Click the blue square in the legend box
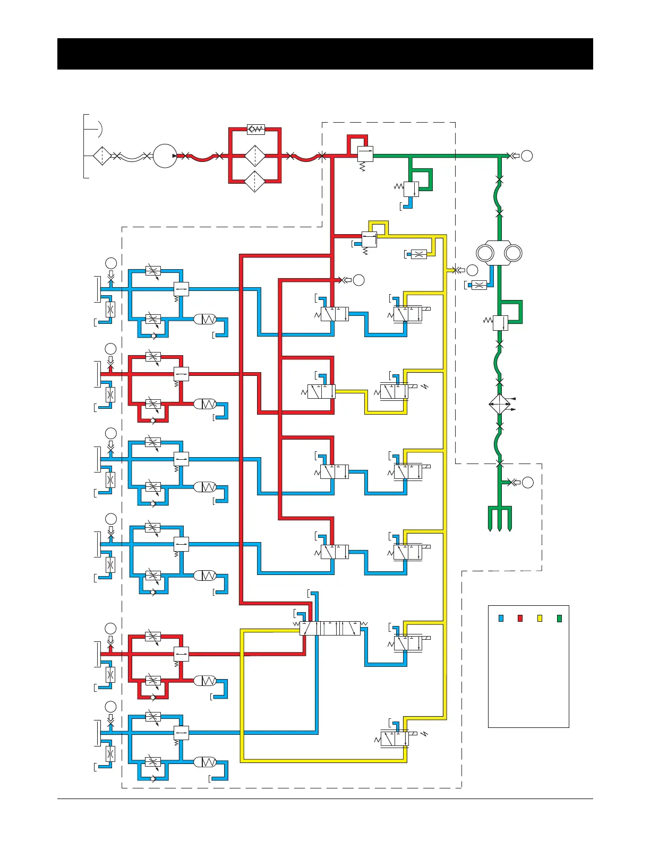pyautogui.click(x=501, y=618)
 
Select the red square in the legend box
pyautogui.click(x=520, y=618)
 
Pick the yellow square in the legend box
pyautogui.click(x=540, y=618)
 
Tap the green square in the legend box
pyautogui.click(x=559, y=618)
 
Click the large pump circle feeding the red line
pyautogui.click(x=165, y=156)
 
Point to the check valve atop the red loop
pyautogui.click(x=256, y=129)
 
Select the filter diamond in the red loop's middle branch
pyautogui.click(x=255, y=156)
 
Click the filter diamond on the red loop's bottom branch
pyautogui.click(x=255, y=182)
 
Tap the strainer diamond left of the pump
pyautogui.click(x=102, y=156)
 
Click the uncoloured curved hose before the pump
pyautogui.click(x=132, y=157)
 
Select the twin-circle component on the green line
pyautogui.click(x=499, y=253)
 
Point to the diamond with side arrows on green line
pyautogui.click(x=499, y=405)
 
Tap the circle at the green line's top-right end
pyautogui.click(x=527, y=156)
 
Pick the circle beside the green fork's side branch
pyautogui.click(x=527, y=482)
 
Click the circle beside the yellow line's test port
pyautogui.click(x=472, y=270)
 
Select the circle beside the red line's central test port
pyautogui.click(x=359, y=280)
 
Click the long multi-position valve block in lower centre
pyautogui.click(x=330, y=628)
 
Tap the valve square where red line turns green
pyautogui.click(x=365, y=154)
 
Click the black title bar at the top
pyautogui.click(x=325, y=54)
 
